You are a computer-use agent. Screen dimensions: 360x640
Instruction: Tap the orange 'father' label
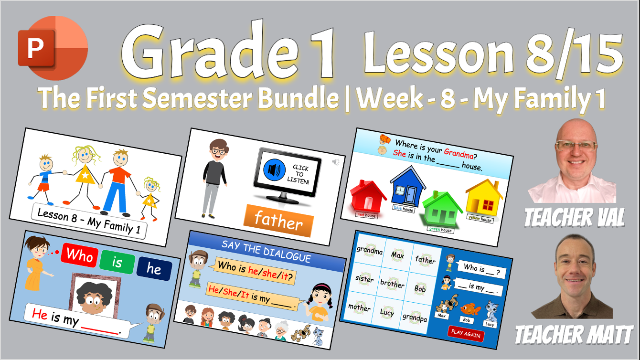tap(278, 220)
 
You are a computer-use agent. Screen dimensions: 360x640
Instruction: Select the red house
tap(368, 197)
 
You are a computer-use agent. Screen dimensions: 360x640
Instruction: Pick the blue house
tap(407, 187)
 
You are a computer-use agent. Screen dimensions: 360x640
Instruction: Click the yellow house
tap(483, 198)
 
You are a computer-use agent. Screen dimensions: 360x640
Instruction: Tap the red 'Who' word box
tap(79, 255)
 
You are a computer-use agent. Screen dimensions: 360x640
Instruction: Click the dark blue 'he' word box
tap(154, 269)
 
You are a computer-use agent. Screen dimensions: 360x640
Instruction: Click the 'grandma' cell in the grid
tap(370, 250)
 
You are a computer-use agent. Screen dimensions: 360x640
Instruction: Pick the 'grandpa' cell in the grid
tap(415, 317)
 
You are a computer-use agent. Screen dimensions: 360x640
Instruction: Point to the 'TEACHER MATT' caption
tap(574, 335)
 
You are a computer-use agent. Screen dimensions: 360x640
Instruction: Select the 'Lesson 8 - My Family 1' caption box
tap(89, 221)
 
